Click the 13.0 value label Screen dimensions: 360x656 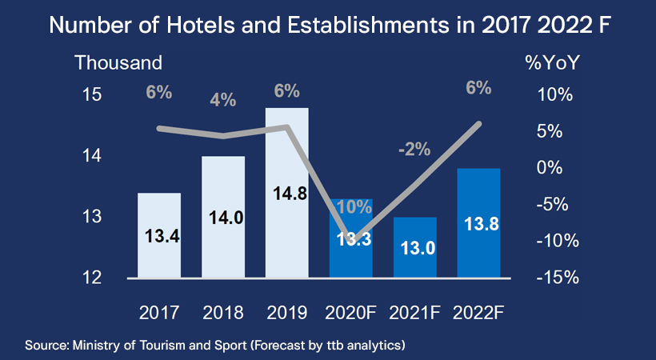415,248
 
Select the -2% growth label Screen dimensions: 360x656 415,149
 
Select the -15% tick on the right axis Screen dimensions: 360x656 552,278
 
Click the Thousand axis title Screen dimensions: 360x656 118,62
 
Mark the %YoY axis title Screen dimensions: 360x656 552,62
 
